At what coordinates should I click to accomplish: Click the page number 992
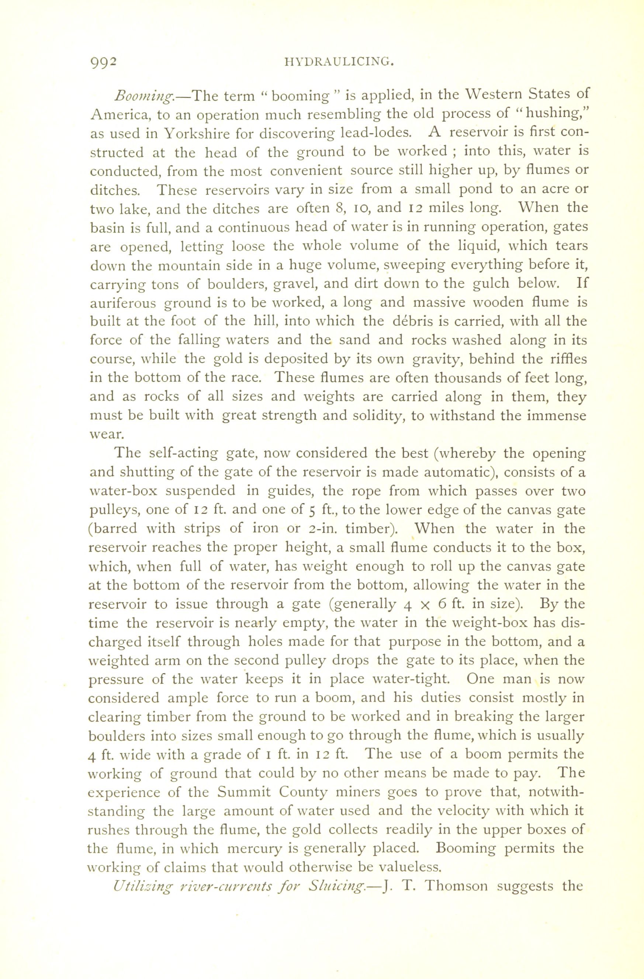(104, 62)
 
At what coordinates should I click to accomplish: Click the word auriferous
(123, 303)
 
